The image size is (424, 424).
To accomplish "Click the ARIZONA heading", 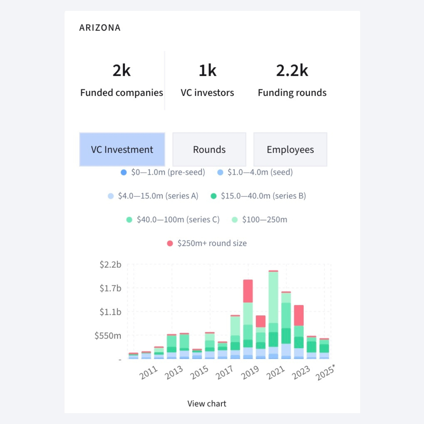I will click(x=100, y=28).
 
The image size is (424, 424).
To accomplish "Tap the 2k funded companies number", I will click(x=121, y=71).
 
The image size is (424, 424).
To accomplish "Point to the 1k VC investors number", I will click(x=207, y=71).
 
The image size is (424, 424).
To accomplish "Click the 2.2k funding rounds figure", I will click(x=292, y=71).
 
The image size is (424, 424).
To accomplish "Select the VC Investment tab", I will click(x=122, y=149).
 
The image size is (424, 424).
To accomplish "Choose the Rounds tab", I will click(x=209, y=149).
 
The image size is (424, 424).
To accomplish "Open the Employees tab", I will click(x=290, y=149).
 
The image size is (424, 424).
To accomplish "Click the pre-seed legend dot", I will click(x=124, y=172).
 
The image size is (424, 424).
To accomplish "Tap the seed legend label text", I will click(x=260, y=172).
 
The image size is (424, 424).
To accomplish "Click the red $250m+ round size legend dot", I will click(x=170, y=243).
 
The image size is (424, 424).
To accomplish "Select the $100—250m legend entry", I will click(x=264, y=220).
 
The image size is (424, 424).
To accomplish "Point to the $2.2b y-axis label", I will click(x=111, y=265).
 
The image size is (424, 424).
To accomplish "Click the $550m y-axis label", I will click(x=108, y=336).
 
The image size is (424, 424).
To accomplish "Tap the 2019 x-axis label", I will click(x=250, y=372).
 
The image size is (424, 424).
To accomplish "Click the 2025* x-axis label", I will click(x=325, y=373).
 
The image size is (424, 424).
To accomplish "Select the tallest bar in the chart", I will click(x=273, y=315).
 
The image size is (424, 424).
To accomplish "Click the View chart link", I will click(x=207, y=403).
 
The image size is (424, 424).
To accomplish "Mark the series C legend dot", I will click(x=129, y=220).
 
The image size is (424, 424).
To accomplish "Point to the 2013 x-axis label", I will click(x=174, y=372).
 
